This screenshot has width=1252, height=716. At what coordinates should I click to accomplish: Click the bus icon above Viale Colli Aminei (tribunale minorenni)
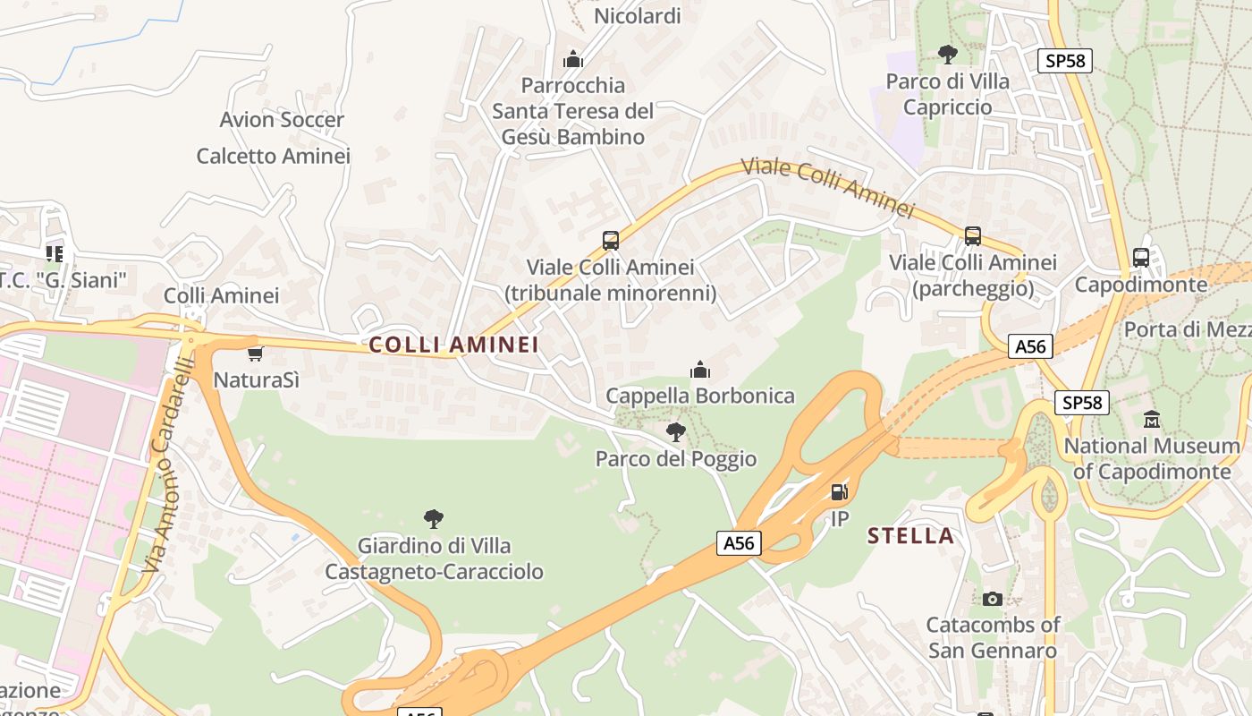coord(611,240)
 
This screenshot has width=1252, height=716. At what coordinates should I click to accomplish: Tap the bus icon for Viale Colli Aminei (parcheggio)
coord(973,236)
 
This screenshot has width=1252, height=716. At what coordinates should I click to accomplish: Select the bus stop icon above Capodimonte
coord(1141,258)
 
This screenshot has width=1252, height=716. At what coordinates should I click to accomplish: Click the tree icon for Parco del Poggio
coord(676,432)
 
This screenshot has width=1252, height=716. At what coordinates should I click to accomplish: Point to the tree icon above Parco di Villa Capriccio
coord(948,55)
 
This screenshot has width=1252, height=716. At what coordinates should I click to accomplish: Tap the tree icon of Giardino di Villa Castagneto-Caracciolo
coord(434,518)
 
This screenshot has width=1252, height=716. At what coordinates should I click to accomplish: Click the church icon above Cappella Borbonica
coord(700,369)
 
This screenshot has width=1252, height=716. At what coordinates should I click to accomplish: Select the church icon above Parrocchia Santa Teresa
coord(573,60)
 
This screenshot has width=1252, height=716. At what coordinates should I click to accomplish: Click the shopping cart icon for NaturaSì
coord(256,354)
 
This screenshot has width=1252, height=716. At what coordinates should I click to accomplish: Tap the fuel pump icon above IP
coord(839,491)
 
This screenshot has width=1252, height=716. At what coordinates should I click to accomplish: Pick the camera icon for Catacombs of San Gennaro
coord(992,599)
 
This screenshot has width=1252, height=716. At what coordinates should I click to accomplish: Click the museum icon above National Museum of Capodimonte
coord(1152,419)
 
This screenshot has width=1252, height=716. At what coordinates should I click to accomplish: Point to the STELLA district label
coord(910,536)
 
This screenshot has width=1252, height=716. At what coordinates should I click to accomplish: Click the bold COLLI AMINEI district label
coord(454,345)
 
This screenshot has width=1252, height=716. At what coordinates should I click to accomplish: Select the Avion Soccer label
coord(282,120)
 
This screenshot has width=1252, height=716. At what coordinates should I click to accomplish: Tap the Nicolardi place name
coord(638,16)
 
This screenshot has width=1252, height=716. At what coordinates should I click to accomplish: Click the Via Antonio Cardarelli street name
coord(167,465)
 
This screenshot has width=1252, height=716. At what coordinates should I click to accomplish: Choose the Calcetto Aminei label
coord(274,156)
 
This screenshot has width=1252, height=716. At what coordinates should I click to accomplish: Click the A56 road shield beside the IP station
coord(739,542)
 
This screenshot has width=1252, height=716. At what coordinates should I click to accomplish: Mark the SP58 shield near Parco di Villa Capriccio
coord(1065,61)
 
